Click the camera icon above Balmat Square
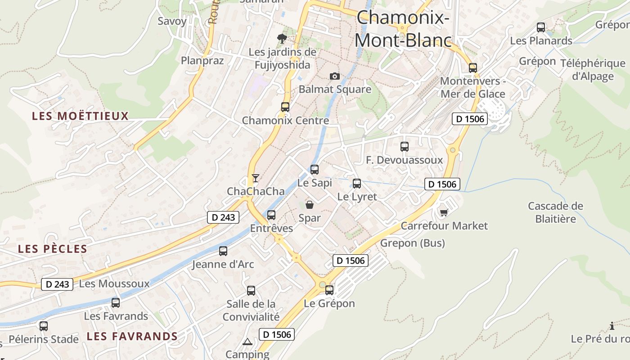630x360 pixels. point(334,76)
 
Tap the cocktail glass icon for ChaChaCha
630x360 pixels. point(255,178)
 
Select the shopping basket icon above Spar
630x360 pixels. point(310,205)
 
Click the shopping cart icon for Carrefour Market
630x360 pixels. point(444,212)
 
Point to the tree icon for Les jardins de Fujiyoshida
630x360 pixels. point(282,39)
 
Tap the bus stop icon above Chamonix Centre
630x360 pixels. point(285,107)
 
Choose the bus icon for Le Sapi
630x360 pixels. point(315,170)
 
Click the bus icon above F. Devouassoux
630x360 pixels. point(404,147)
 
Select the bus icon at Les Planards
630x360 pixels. point(541,27)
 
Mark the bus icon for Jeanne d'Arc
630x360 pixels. point(223,251)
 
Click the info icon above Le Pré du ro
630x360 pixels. point(612,326)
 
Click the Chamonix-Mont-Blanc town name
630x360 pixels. point(403,29)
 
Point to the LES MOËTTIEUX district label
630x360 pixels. point(80,116)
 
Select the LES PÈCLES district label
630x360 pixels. point(53,249)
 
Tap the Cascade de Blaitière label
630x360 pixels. point(555,212)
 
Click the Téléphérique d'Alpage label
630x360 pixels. point(593,70)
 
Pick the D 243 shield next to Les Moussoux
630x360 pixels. point(57,284)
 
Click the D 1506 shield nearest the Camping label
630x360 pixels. point(277,334)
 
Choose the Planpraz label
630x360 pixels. point(202,61)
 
